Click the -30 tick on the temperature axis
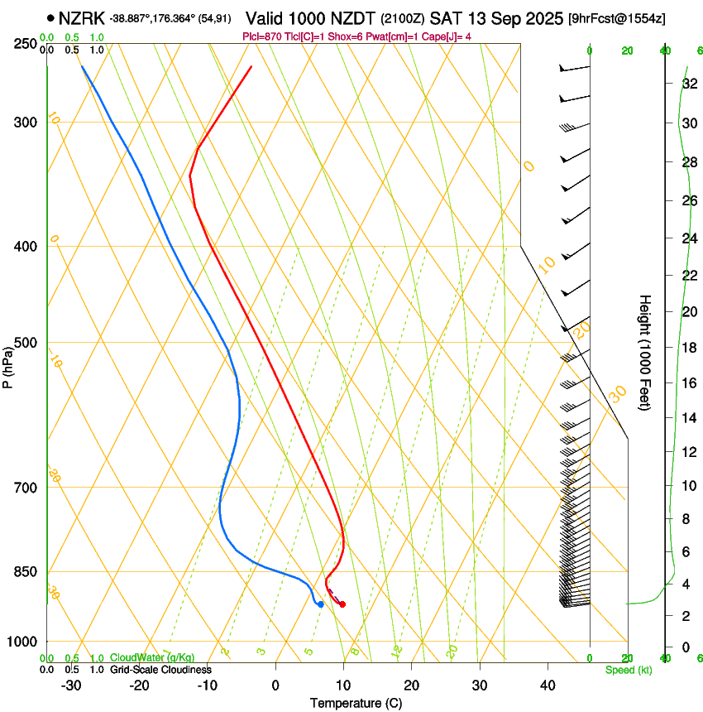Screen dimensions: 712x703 71,685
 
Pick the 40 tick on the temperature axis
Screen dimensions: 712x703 547,685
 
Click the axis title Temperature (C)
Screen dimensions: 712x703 356,703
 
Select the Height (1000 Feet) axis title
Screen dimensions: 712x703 646,352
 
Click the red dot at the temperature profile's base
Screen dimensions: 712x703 342,604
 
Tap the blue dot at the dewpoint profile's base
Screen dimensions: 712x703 320,604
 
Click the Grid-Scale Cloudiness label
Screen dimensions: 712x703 160,670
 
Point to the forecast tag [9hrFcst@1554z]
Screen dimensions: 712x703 617,18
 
